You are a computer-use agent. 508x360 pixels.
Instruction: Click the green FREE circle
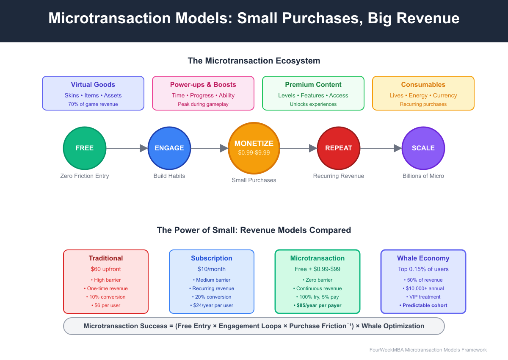(x=85, y=148)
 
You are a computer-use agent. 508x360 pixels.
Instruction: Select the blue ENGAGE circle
(x=169, y=148)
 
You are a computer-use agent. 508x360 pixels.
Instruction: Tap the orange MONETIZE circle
(x=254, y=148)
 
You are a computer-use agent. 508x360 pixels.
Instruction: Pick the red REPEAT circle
(x=339, y=148)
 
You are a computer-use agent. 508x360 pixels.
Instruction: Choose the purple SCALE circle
(x=423, y=148)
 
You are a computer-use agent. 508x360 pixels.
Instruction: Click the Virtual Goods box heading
(x=93, y=85)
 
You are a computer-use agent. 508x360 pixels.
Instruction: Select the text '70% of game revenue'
(x=93, y=104)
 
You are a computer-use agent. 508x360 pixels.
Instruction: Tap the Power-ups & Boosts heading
(x=203, y=85)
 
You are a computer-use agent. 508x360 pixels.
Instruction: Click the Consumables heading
(x=423, y=85)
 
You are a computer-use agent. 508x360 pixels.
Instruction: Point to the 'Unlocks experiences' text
(x=313, y=104)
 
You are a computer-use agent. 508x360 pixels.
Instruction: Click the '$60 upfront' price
(x=106, y=269)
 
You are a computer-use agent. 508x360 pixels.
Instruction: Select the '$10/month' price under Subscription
(x=212, y=269)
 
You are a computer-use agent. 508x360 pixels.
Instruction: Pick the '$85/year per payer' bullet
(x=317, y=305)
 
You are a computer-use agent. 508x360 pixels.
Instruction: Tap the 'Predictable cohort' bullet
(x=423, y=305)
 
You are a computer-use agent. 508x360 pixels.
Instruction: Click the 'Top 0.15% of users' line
(x=423, y=269)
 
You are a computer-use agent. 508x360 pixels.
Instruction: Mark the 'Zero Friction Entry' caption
(x=85, y=176)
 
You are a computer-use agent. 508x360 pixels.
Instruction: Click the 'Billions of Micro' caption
(x=423, y=176)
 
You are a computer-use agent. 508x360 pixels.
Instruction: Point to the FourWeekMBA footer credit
(x=428, y=350)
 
